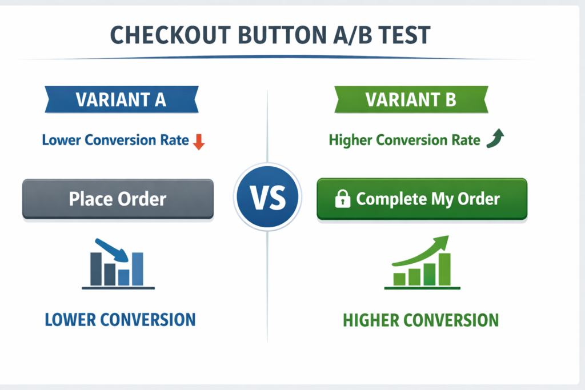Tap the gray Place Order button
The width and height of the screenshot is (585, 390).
(x=118, y=199)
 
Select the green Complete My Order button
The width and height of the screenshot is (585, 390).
(x=422, y=199)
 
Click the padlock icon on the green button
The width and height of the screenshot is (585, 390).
(x=342, y=199)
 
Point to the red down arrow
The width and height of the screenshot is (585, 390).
(x=198, y=141)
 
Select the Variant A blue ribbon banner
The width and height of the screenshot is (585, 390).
(x=121, y=99)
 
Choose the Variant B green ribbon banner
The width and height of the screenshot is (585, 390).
(x=410, y=99)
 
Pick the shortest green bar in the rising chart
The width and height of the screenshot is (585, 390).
(x=400, y=279)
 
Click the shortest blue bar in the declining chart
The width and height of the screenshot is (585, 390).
(x=124, y=276)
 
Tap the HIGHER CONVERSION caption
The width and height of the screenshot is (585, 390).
(x=420, y=320)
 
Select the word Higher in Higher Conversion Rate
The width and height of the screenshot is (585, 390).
(x=350, y=140)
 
